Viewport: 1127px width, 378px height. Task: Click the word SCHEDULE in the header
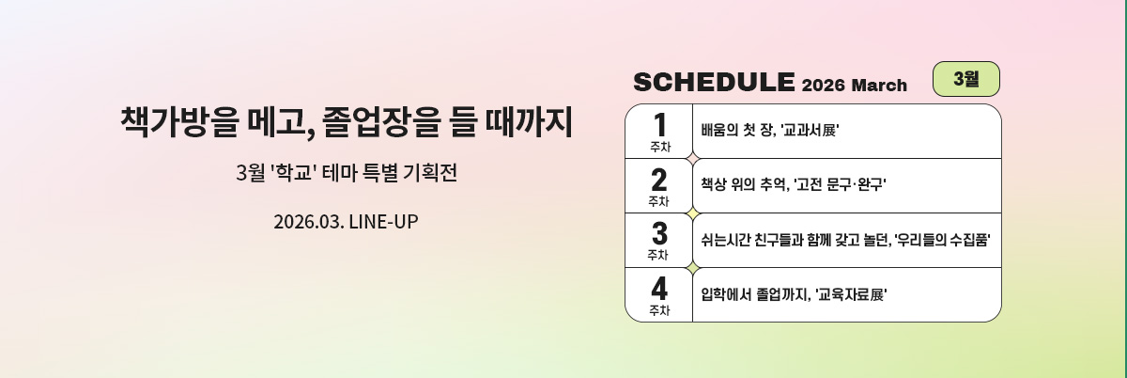click(x=714, y=83)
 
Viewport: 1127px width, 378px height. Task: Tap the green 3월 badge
click(x=965, y=79)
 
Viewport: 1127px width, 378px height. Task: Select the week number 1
click(x=659, y=124)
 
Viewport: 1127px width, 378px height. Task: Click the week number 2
click(x=659, y=179)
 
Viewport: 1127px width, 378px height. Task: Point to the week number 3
click(x=659, y=232)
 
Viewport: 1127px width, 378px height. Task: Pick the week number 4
click(x=659, y=287)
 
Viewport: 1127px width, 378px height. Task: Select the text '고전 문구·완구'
click(x=840, y=185)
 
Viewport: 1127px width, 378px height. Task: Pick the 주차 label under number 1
click(x=659, y=147)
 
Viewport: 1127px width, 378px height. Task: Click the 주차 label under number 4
click(x=659, y=309)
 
